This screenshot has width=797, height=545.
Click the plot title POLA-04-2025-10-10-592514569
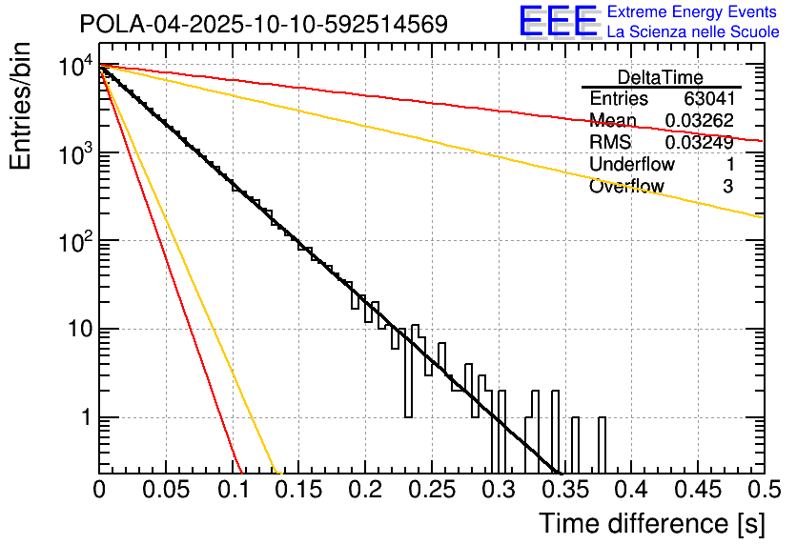click(263, 24)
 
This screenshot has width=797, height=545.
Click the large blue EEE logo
click(558, 21)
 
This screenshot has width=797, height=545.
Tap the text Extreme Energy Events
click(692, 11)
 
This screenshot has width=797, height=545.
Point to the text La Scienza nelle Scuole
click(692, 32)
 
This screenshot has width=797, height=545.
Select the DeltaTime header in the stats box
click(660, 77)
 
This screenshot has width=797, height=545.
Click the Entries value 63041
click(707, 99)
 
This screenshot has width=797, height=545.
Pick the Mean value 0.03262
click(699, 121)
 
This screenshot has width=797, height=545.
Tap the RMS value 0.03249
click(699, 143)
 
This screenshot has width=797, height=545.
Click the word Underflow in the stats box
click(631, 165)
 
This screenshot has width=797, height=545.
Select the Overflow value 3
click(727, 187)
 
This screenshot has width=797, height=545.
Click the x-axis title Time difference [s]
click(649, 523)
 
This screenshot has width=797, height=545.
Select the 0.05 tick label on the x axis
click(165, 490)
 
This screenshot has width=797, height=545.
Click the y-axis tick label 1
click(84, 419)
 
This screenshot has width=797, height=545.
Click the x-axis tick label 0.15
click(298, 490)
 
